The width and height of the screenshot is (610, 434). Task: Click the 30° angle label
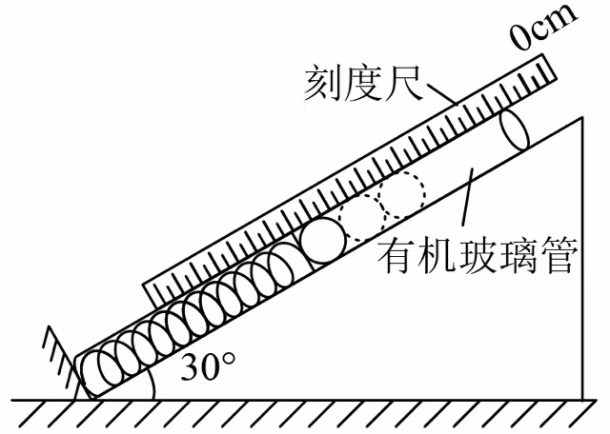(208, 366)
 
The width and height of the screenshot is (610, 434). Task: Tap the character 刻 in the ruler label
(323, 83)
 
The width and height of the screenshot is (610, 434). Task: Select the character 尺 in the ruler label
(403, 83)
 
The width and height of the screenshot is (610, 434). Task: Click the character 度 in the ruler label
(363, 83)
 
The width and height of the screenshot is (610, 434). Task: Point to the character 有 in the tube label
(397, 256)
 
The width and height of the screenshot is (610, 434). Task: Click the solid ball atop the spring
(324, 240)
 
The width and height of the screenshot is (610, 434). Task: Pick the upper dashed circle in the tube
(402, 194)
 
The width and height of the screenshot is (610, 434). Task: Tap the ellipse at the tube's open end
(515, 130)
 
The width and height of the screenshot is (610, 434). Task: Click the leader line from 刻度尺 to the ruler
(442, 93)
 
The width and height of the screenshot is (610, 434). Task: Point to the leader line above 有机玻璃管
(468, 197)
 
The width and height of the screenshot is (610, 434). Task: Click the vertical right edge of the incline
(582, 258)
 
